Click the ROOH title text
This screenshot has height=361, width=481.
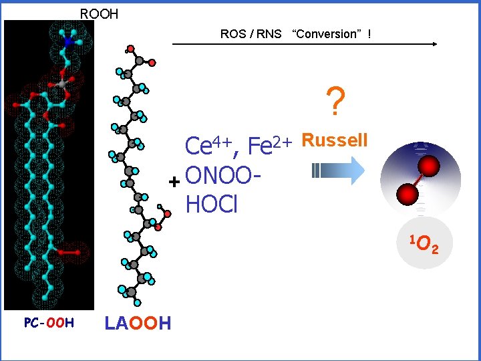pos(99,13)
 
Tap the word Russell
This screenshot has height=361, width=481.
pos(335,140)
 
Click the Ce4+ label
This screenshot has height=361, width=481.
pos(208,144)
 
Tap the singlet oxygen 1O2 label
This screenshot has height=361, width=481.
pos(424,246)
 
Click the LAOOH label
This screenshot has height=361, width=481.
pos(138,324)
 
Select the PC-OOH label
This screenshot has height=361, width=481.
pos(49,324)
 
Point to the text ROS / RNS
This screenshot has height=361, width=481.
pos(251,33)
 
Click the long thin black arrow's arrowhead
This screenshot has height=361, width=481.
pos(434,44)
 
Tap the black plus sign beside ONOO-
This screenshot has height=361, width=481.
pos(174,182)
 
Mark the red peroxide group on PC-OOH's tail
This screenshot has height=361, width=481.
pos(69,253)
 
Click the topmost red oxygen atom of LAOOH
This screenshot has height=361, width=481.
pos(131,48)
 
